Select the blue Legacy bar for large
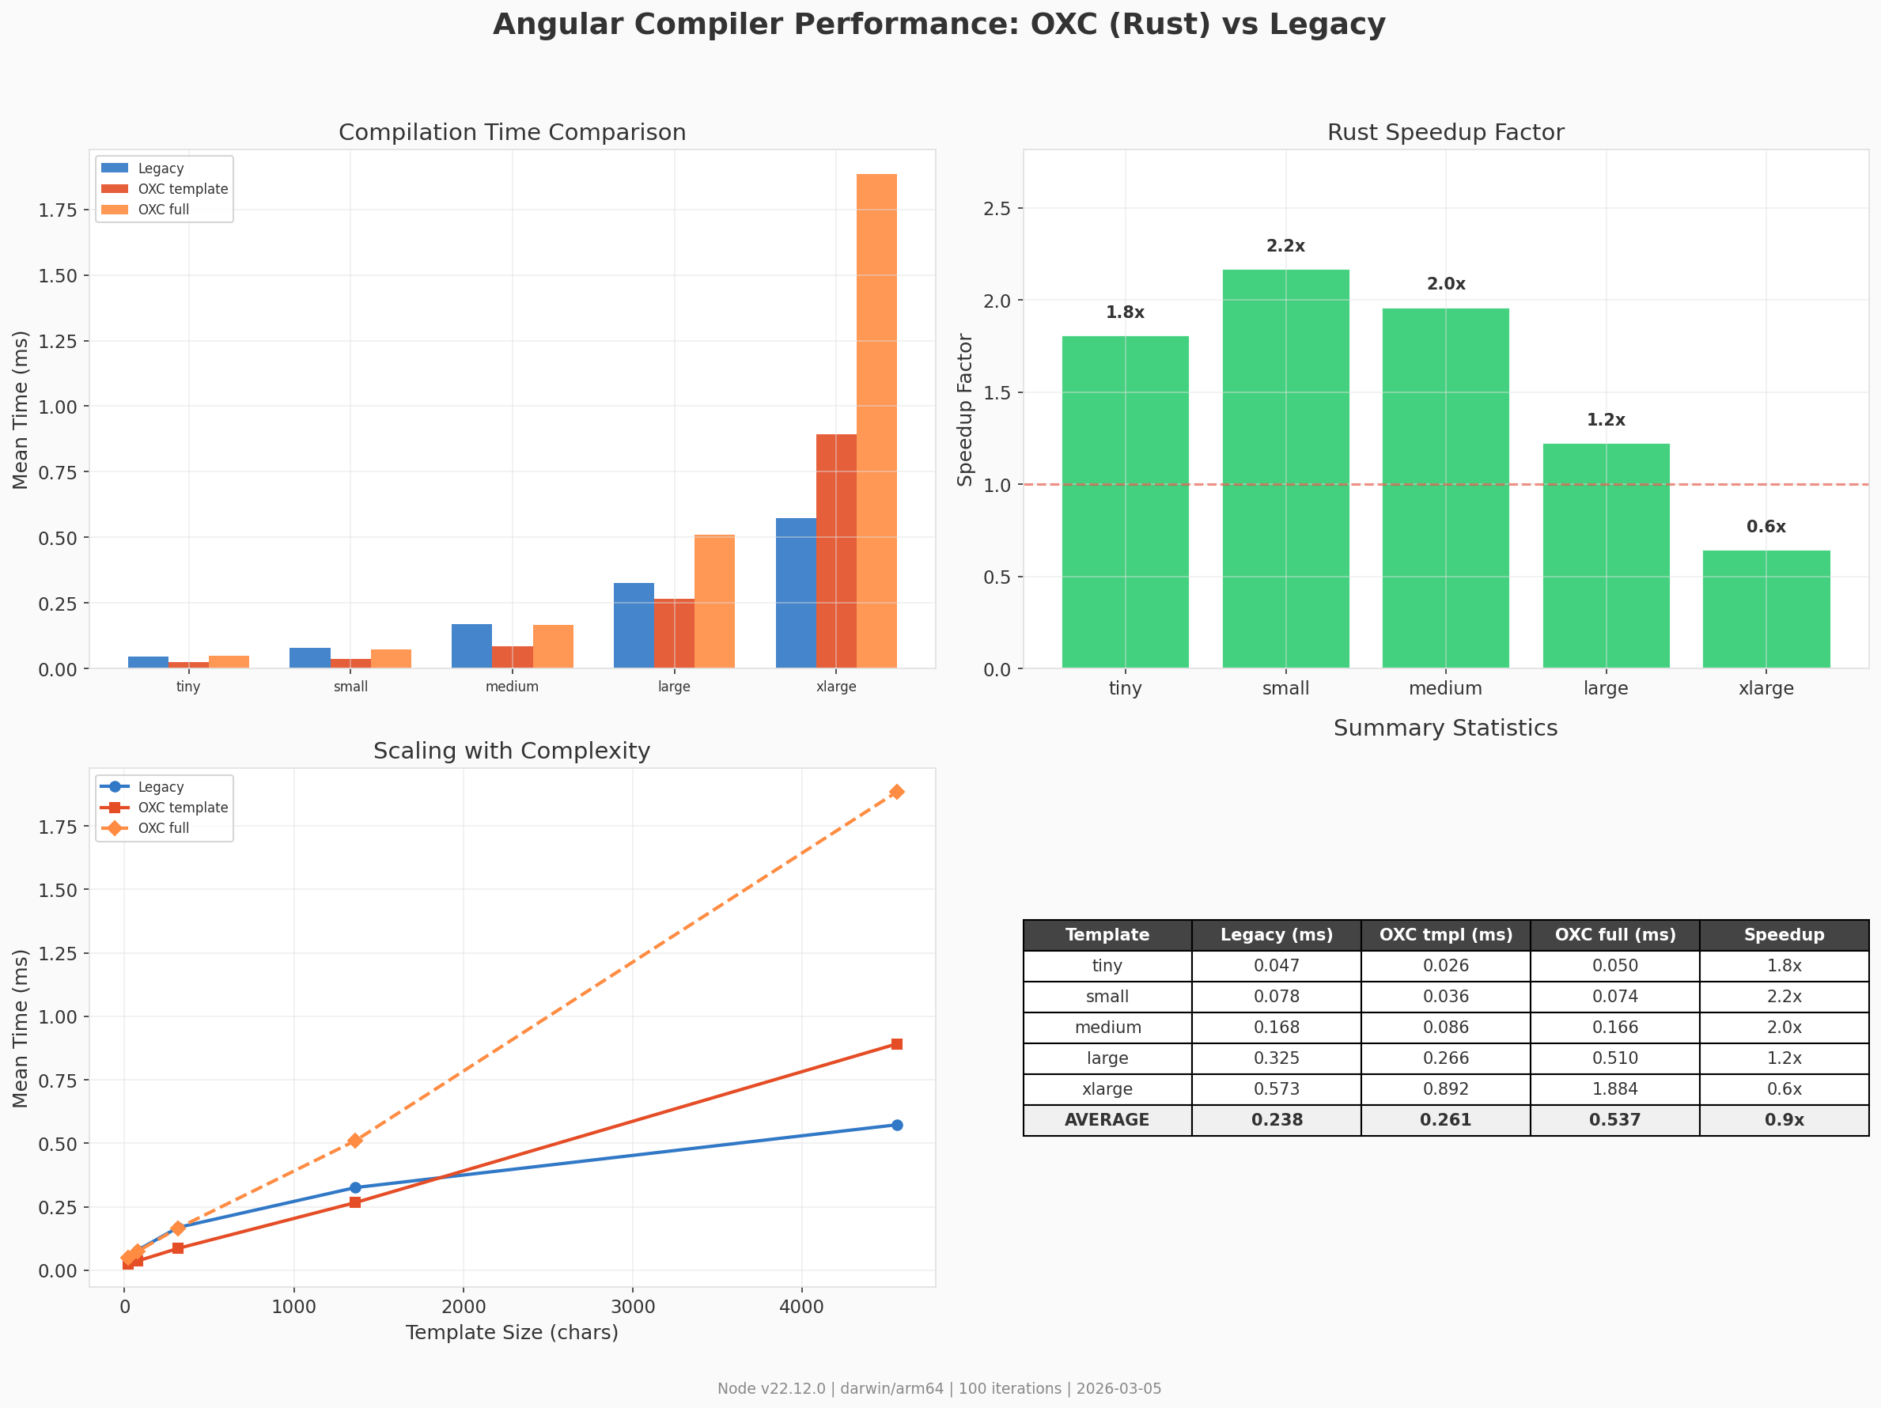tap(634, 625)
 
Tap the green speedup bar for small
tap(1285, 468)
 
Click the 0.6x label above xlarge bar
tap(1766, 526)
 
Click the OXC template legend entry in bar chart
tap(183, 189)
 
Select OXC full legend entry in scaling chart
tap(163, 828)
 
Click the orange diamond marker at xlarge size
tap(896, 792)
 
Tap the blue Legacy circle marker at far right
tap(896, 1125)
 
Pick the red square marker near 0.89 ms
tap(896, 1044)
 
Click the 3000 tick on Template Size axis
tap(633, 1307)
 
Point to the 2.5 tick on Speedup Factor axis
tap(997, 208)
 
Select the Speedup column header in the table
tap(1784, 934)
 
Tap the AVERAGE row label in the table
tap(1107, 1120)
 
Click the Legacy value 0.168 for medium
tap(1277, 1027)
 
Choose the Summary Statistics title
tap(1445, 728)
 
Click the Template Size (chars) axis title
tap(512, 1332)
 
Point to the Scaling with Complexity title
tap(512, 751)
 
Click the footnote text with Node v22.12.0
tap(939, 1388)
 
